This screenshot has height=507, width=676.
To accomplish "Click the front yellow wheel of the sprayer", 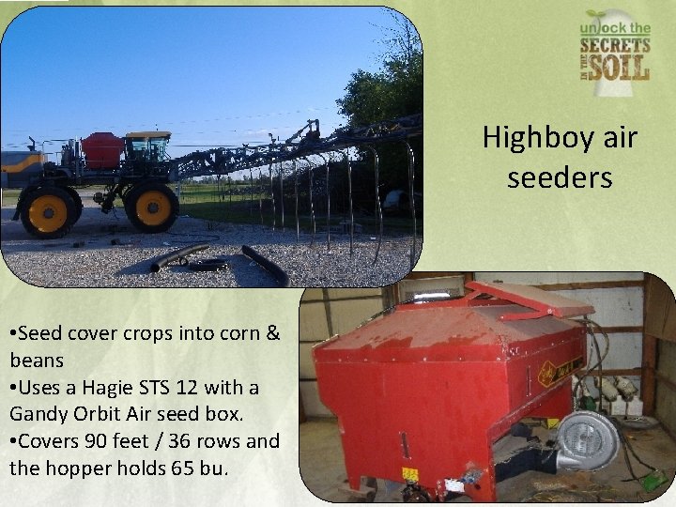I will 153,207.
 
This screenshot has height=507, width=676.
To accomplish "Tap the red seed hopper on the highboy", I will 102,149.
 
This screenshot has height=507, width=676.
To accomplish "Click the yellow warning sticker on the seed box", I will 410,474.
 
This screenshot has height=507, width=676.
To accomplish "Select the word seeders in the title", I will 560,177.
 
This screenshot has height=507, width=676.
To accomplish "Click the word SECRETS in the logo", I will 614,45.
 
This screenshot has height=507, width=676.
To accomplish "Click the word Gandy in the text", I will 38,413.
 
